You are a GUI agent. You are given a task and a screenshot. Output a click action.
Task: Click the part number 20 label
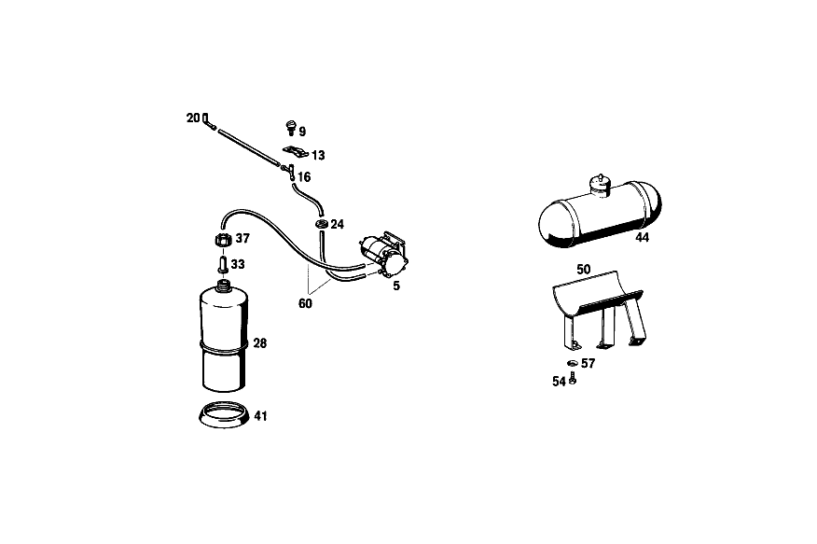pyautogui.click(x=193, y=119)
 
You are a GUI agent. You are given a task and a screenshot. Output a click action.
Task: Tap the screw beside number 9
pyautogui.click(x=291, y=128)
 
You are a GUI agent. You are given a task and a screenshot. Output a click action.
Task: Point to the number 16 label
pyautogui.click(x=304, y=177)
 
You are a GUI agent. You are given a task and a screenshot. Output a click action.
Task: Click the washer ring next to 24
pyautogui.click(x=322, y=224)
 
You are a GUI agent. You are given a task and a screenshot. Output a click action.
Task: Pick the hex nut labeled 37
pyautogui.click(x=223, y=240)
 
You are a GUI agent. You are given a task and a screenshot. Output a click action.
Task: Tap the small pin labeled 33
pyautogui.click(x=223, y=262)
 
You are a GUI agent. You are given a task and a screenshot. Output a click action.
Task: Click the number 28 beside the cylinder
pyautogui.click(x=260, y=343)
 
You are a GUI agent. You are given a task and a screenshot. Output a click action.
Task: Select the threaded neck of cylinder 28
pyautogui.click(x=224, y=285)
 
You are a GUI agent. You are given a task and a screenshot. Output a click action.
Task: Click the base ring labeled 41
pyautogui.click(x=224, y=415)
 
